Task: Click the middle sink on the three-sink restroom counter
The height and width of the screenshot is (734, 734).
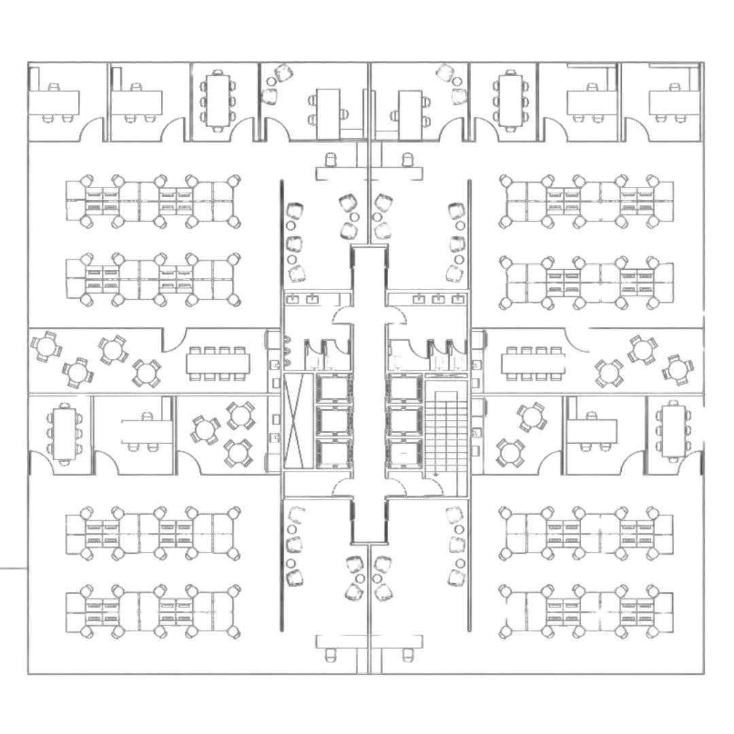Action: point(439,298)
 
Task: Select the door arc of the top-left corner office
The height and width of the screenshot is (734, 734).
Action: point(92,129)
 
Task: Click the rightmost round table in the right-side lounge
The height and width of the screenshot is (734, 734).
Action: point(676,369)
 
